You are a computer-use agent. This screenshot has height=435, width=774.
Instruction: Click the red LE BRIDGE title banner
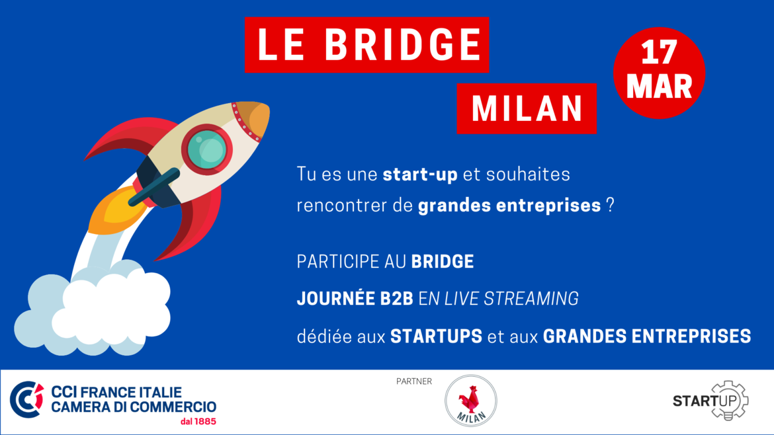tap(366, 45)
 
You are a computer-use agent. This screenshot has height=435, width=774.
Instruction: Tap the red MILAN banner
tap(527, 108)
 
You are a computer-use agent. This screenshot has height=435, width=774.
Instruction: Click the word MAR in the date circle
tap(659, 87)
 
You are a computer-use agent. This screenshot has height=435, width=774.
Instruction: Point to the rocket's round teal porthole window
tap(207, 149)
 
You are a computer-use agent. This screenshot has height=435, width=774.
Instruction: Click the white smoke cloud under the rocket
tap(94, 311)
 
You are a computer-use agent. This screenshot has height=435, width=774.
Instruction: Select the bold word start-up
tap(420, 175)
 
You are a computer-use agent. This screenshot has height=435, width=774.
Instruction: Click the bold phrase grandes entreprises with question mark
tap(516, 205)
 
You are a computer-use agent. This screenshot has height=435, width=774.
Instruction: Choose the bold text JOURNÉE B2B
tap(355, 298)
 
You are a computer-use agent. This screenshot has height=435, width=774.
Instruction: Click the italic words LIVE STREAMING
tap(511, 299)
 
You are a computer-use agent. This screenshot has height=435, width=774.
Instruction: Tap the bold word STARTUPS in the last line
tap(437, 336)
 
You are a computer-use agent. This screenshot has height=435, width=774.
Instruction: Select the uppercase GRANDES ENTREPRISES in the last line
tap(647, 336)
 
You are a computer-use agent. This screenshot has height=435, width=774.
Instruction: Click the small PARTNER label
tap(414, 381)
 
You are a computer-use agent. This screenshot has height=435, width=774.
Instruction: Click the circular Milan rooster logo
tap(471, 401)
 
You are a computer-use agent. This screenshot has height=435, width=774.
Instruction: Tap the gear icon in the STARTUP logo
tap(729, 401)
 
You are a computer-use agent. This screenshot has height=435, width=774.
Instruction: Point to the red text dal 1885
tap(198, 422)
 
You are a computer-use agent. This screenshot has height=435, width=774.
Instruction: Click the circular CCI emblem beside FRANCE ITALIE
tap(26, 399)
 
